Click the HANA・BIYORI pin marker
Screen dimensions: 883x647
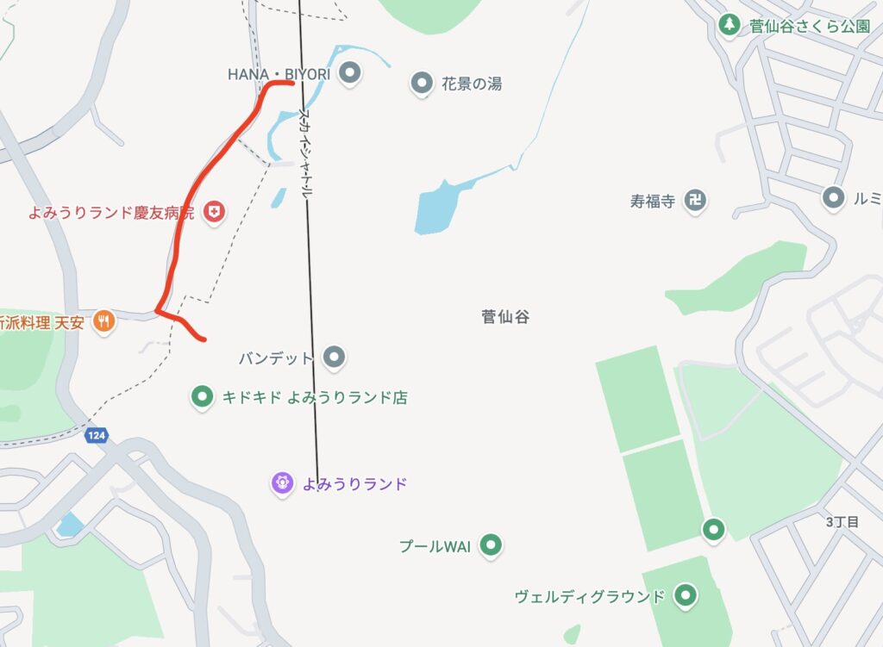click(x=349, y=74)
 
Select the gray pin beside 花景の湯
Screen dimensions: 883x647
click(x=422, y=84)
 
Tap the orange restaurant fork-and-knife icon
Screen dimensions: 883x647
click(x=104, y=321)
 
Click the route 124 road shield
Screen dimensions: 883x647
click(x=96, y=436)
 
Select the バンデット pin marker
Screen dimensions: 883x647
click(x=334, y=356)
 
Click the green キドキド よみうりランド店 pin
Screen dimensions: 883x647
click(x=202, y=397)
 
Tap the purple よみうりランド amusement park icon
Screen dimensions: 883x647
click(x=282, y=483)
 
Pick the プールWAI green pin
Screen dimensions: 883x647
click(x=491, y=545)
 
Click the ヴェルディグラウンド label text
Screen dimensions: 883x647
click(x=590, y=596)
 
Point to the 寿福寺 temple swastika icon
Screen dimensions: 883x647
click(x=694, y=202)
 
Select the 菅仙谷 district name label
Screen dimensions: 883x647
click(x=505, y=317)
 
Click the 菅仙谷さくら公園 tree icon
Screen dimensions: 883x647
click(x=730, y=24)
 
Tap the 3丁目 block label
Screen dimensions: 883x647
click(x=842, y=522)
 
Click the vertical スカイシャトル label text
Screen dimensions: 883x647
click(x=305, y=155)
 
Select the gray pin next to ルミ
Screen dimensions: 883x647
click(x=833, y=198)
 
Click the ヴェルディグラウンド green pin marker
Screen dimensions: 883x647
click(x=686, y=594)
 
